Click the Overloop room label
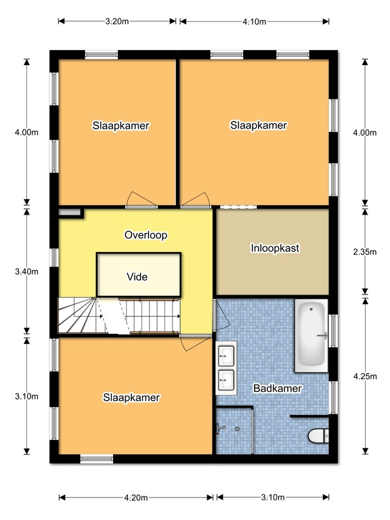[146, 235]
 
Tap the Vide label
[137, 277]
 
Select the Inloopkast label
[275, 248]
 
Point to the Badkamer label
[278, 389]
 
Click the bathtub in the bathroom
[311, 335]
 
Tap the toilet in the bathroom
[318, 436]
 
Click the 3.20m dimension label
[117, 22]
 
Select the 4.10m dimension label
[255, 22]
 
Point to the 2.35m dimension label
[365, 252]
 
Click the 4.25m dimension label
[365, 376]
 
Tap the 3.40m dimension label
[26, 272]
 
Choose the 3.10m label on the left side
[26, 396]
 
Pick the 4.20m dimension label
[136, 498]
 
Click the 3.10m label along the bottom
[273, 498]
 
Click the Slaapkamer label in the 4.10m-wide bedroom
[259, 125]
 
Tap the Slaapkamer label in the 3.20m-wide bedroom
[121, 126]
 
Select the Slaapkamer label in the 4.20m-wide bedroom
[131, 397]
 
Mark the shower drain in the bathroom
[237, 429]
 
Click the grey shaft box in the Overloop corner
[70, 212]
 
